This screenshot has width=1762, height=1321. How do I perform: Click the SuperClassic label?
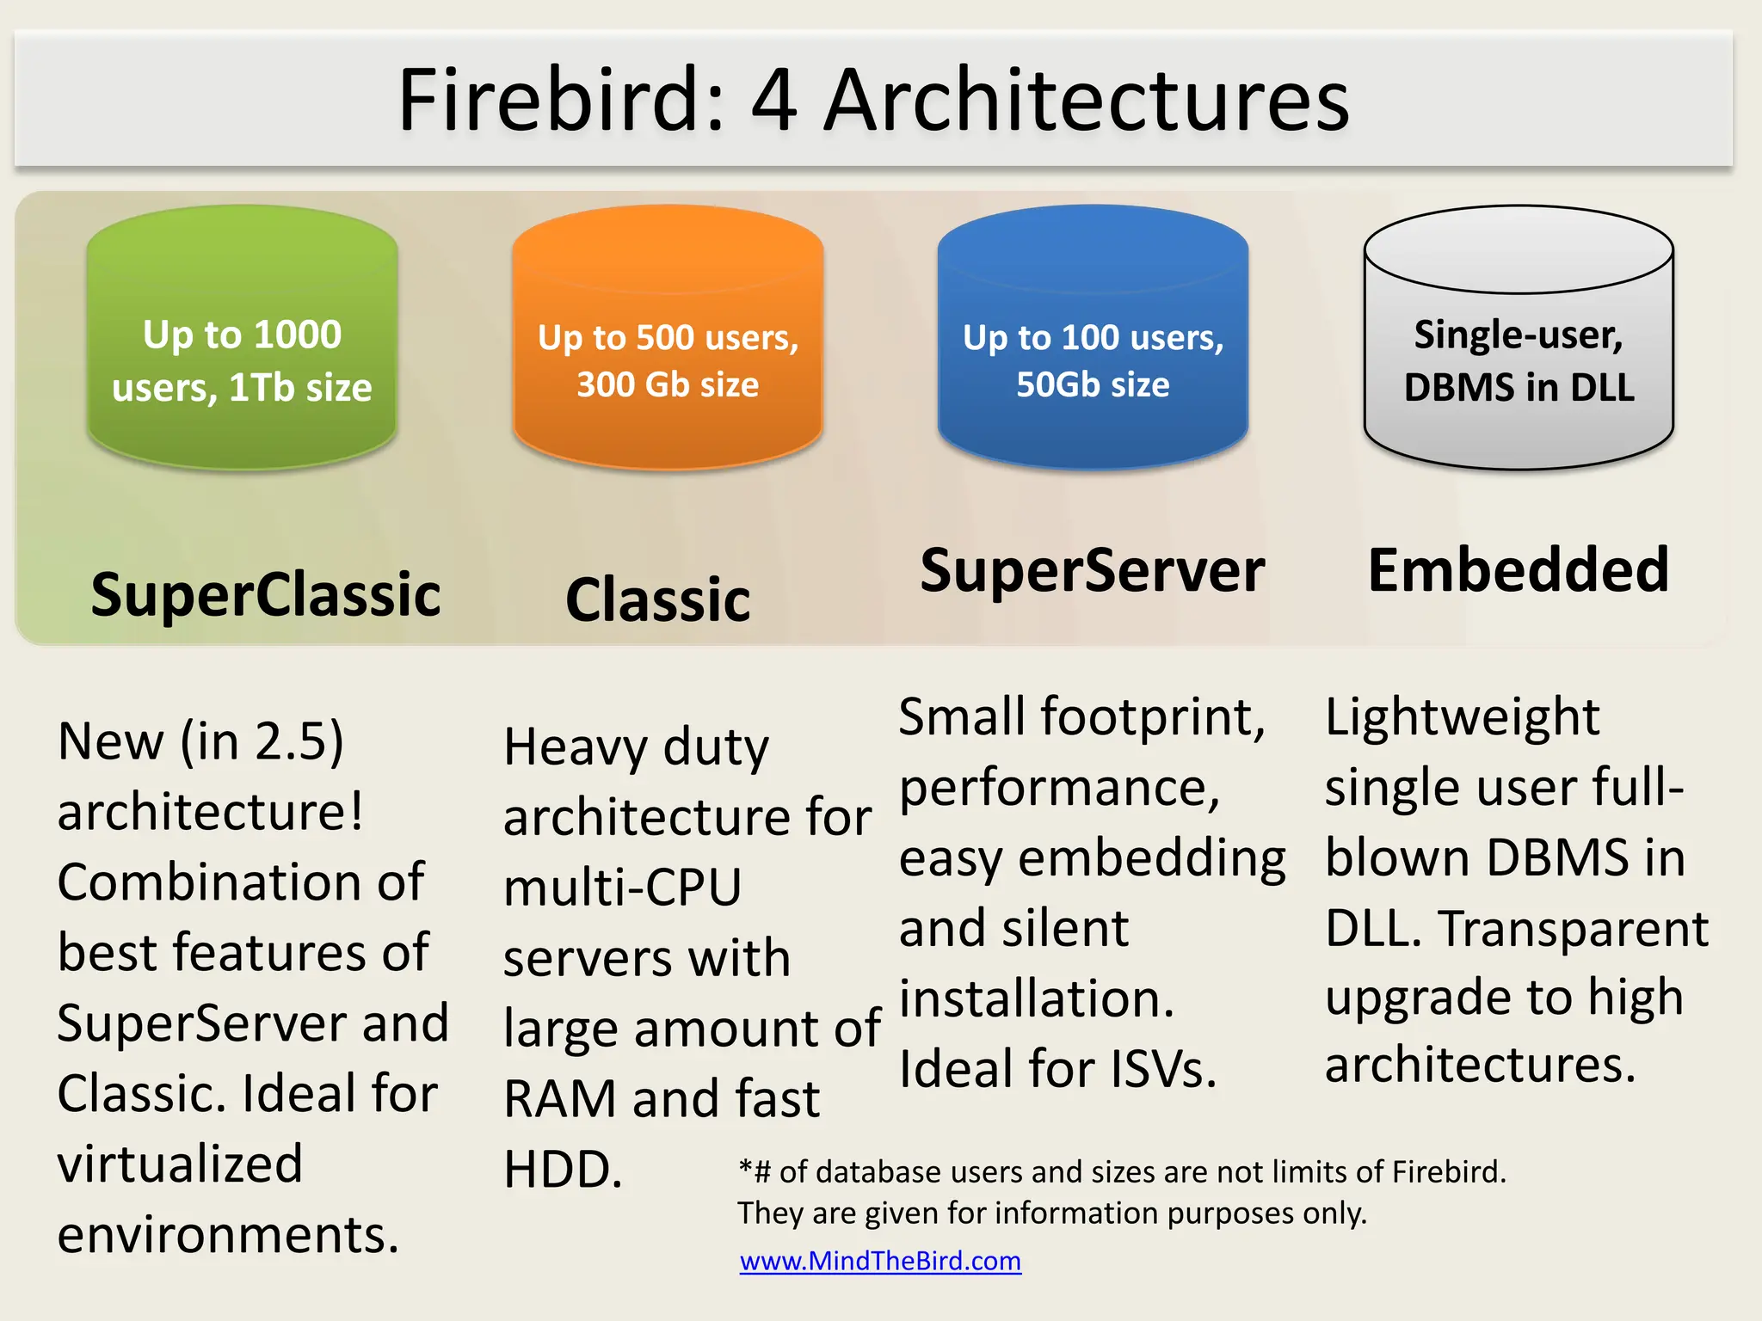266,594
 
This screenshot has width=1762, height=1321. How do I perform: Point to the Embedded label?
1519,570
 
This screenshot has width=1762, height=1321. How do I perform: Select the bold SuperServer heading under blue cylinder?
1093,570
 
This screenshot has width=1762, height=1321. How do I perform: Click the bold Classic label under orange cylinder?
658,599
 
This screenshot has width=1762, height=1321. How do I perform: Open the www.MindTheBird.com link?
880,1261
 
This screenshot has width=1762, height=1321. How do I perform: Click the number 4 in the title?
773,101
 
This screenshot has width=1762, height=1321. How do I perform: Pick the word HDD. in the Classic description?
563,1170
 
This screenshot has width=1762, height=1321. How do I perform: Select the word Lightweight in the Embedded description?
1462,717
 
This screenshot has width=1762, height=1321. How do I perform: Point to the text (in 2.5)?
262,741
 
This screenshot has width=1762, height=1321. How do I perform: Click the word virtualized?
180,1164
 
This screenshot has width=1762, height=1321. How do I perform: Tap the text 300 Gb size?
668,384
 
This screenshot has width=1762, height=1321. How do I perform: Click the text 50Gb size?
1093,384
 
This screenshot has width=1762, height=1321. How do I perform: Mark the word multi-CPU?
622,888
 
